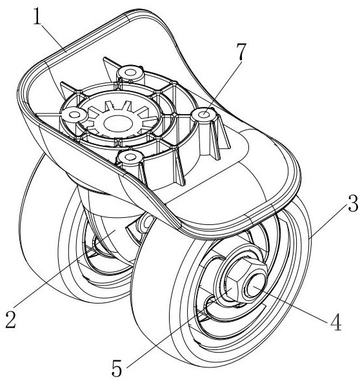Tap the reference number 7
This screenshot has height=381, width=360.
pos(241,52)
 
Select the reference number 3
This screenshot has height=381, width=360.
pos(352,202)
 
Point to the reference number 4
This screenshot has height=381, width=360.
pos(336,322)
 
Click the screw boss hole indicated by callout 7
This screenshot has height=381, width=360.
pos(205,113)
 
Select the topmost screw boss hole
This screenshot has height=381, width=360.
pos(130,72)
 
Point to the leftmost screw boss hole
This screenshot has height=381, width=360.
pos(74,113)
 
